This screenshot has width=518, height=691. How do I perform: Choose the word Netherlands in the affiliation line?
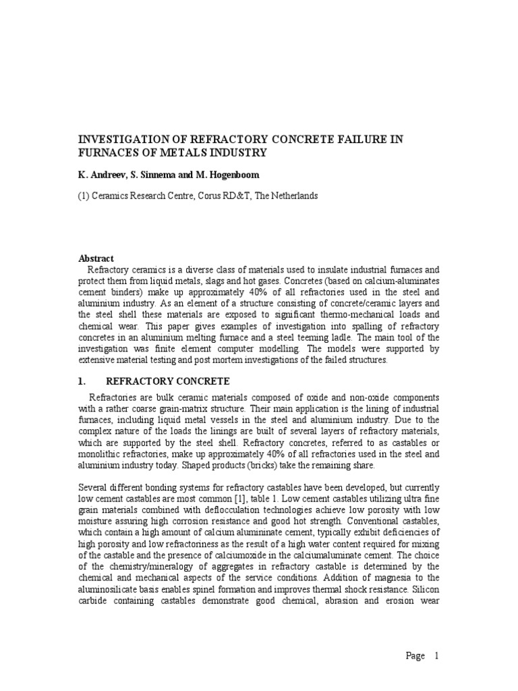(293, 196)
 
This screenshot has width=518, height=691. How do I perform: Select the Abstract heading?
(96, 258)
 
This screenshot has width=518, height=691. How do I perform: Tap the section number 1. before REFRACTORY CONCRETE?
(84, 381)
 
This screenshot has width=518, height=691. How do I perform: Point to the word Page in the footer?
(415, 655)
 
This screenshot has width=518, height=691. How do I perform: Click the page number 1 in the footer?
(437, 655)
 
